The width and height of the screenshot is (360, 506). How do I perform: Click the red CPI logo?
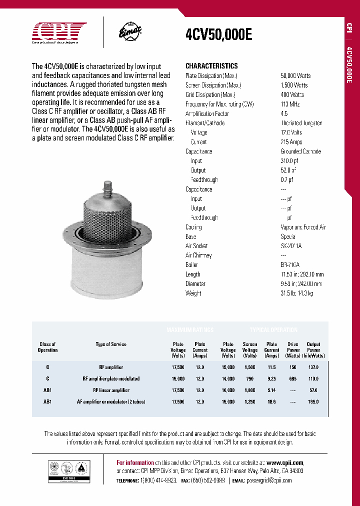click(59, 32)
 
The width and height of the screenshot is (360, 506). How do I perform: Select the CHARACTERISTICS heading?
click(211, 66)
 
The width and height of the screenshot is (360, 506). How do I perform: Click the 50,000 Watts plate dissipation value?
click(295, 75)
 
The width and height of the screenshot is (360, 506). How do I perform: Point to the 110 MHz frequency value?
click(290, 104)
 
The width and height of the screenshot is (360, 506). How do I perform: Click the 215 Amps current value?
click(291, 142)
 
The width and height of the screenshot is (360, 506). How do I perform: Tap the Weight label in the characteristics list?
click(193, 293)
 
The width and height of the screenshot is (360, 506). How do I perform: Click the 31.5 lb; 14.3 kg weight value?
click(297, 293)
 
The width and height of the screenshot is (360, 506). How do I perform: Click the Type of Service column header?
click(111, 344)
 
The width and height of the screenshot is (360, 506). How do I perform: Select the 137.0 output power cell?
click(313, 367)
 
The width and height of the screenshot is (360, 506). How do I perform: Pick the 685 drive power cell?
click(292, 378)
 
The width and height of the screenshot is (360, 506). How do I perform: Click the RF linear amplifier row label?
click(111, 390)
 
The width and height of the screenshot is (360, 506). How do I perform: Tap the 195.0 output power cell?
click(313, 401)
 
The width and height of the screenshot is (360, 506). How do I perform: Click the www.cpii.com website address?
click(285, 462)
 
